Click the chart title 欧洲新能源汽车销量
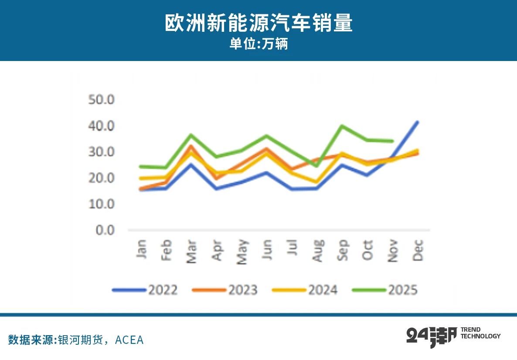258,23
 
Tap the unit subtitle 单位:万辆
258,44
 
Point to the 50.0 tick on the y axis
101,100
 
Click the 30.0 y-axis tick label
101,152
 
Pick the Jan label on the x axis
142,250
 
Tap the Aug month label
318,250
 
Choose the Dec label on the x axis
418,250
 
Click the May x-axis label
242,251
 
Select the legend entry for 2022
145,290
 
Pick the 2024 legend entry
305,290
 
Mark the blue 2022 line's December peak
418,122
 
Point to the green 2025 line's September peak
342,126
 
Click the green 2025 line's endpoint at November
392,141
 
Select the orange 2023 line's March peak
191,146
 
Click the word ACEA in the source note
129,340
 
